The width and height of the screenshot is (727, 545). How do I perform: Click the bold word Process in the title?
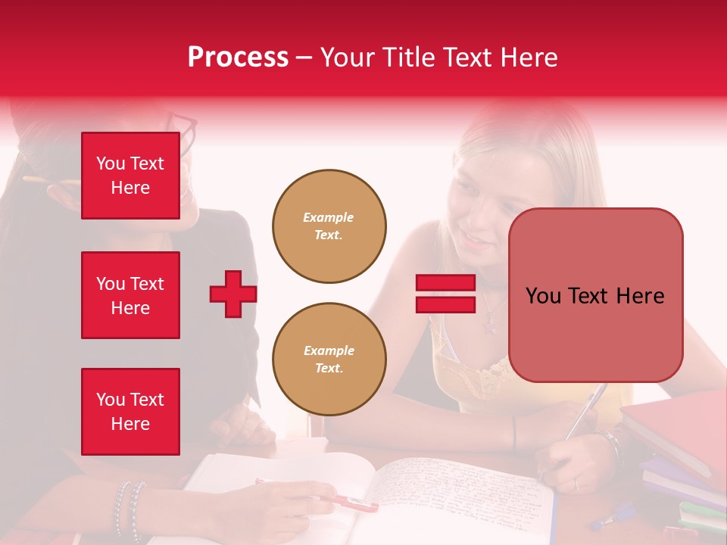tap(238, 58)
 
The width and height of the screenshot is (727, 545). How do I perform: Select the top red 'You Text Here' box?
tap(130, 176)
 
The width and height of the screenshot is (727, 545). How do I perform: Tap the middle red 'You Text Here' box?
tap(130, 295)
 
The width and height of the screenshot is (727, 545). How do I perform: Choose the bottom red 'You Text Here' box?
tap(130, 411)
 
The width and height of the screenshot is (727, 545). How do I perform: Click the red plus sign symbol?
tap(232, 294)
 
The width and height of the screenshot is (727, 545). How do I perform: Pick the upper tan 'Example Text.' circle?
tap(329, 226)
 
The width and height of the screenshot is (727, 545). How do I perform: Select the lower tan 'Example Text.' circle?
tap(329, 359)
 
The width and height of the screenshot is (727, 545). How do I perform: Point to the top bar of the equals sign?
tap(445, 283)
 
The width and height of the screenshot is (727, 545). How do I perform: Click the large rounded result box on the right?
tap(595, 295)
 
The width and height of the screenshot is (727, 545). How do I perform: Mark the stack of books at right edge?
tap(678, 454)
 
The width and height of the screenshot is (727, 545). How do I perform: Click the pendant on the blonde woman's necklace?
tap(490, 326)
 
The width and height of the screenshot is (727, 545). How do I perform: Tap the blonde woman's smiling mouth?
tap(473, 241)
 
